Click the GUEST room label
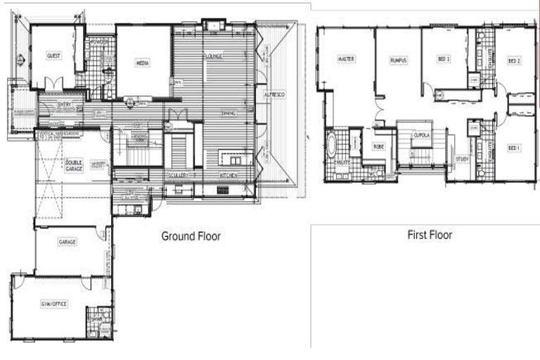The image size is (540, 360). coord(53,56)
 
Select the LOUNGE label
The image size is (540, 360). coord(214,56)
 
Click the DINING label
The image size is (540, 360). coord(228,113)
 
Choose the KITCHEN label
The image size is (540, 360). coord(228,174)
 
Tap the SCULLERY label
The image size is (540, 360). coord(179,174)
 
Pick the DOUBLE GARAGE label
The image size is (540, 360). coord(74,165)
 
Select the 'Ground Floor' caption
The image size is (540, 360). coord(191,236)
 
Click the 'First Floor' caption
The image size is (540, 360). coord(430,235)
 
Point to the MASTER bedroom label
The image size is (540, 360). coord(345,60)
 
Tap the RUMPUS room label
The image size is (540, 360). coord(398,61)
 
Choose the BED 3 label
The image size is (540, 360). coord(443,59)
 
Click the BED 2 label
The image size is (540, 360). coord(514,61)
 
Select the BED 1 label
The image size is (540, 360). coord(514,148)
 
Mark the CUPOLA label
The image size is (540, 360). coord(421,134)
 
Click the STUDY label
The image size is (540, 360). coord(462,159)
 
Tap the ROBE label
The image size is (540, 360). coord(378,147)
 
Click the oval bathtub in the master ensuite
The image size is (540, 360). coord(332,147)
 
